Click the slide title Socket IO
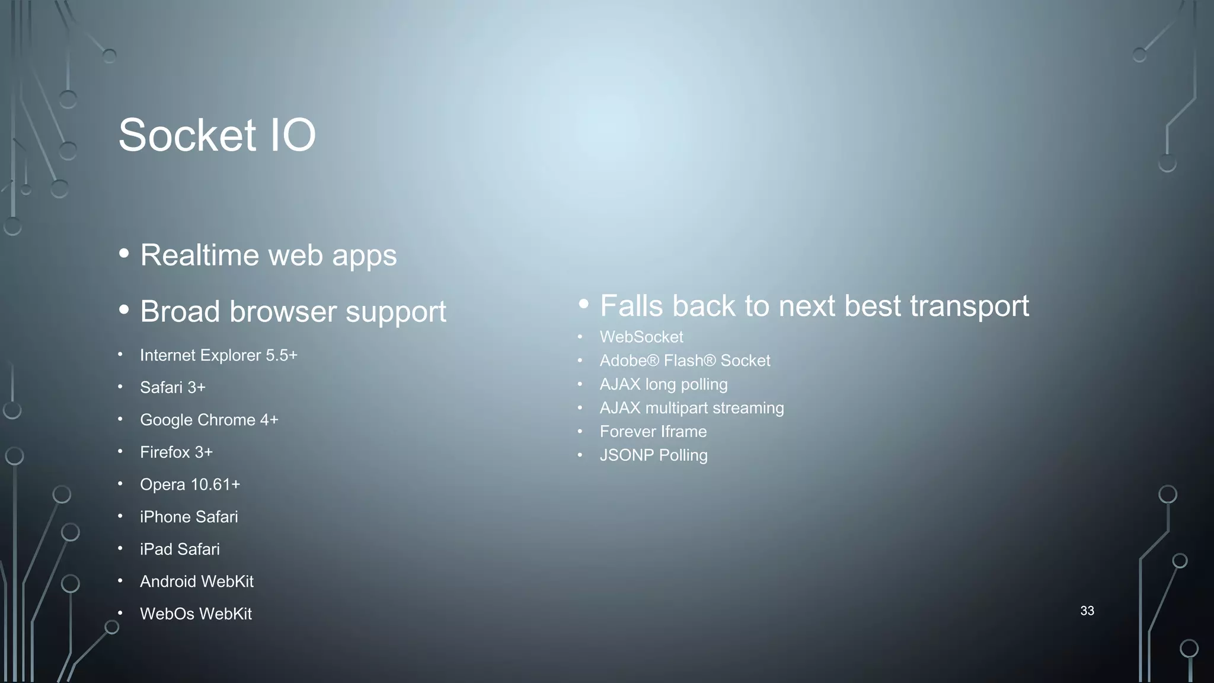coord(217,135)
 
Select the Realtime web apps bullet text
coord(268,256)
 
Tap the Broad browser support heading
coord(293,312)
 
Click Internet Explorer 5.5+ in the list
coord(218,355)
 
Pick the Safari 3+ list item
coord(172,388)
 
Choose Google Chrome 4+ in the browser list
coord(209,420)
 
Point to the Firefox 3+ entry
coord(176,452)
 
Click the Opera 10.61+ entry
coord(190,484)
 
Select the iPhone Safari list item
coord(189,517)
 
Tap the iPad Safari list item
coord(180,549)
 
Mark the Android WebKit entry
coord(196,582)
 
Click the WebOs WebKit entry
coord(196,614)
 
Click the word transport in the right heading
coord(969,307)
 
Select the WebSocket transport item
coord(641,337)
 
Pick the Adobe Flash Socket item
coord(685,360)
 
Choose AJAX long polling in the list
coord(663,384)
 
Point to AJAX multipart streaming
coord(691,408)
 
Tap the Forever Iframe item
coord(653,432)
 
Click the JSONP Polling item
coord(653,455)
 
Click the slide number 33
coord(1087,611)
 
